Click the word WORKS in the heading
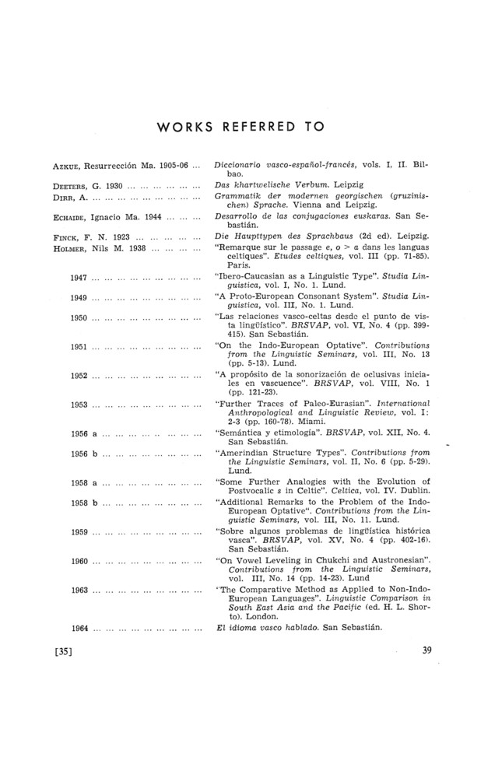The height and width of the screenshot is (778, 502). point(186,126)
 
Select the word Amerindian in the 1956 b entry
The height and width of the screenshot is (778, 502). point(247,451)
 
